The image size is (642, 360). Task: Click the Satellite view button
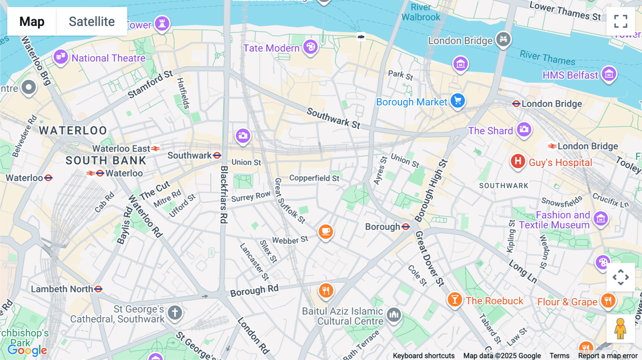[x=92, y=21]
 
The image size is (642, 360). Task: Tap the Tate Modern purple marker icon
[x=310, y=47]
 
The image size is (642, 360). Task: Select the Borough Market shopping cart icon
[x=458, y=101]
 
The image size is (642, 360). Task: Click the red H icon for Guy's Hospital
[x=518, y=161]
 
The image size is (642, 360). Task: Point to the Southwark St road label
[x=333, y=118]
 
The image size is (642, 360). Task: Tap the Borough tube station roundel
[x=406, y=227]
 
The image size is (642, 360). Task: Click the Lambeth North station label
[x=62, y=289]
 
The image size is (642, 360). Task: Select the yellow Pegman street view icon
[x=620, y=329]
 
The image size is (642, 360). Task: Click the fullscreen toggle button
[x=621, y=21]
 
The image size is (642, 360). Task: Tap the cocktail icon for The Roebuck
[x=455, y=299]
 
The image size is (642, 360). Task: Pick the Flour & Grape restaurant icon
[x=608, y=300]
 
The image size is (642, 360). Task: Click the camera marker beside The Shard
[x=524, y=129]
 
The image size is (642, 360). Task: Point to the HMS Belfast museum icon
[x=609, y=74]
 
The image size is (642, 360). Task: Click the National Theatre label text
[x=108, y=58]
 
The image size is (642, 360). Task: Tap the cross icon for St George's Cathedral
[x=175, y=313]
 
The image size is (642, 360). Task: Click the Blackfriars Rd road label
[x=224, y=194]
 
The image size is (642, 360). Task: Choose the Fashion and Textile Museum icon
[x=601, y=218]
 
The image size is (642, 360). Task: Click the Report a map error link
[x=608, y=356]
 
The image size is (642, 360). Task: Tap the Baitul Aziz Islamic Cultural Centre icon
[x=394, y=314]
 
